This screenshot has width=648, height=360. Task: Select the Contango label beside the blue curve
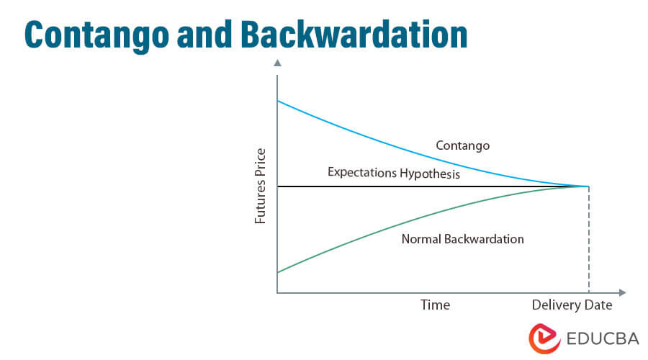[x=462, y=145]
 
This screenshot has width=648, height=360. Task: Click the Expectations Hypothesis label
[x=394, y=173]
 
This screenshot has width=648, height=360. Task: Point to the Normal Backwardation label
[x=462, y=239]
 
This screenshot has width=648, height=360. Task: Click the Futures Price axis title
[x=261, y=186]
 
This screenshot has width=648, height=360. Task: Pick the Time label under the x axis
[x=435, y=305]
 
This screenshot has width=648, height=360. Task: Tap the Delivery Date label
[x=572, y=305]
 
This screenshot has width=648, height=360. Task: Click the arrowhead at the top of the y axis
[x=277, y=63]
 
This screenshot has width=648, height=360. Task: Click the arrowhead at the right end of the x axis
[x=622, y=293]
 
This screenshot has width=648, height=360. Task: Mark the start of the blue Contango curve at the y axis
[x=278, y=102]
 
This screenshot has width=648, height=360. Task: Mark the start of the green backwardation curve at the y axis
[x=278, y=272]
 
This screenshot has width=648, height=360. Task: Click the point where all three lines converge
[x=589, y=186]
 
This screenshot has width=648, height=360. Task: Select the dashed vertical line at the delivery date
[x=589, y=241]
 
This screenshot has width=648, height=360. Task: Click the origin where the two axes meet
[x=277, y=293]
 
